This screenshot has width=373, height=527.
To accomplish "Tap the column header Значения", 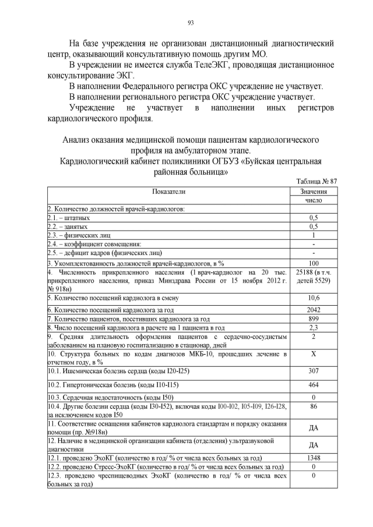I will [314, 191].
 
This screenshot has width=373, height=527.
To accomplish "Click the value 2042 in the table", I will [314, 309].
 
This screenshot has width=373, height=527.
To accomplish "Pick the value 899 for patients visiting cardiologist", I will [314, 319].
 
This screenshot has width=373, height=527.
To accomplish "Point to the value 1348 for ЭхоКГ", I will [314, 458].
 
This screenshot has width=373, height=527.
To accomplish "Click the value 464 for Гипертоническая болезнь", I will [314, 369].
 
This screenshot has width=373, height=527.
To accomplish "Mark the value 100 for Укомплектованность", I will [314, 263].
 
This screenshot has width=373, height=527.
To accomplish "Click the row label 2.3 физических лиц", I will [71, 235].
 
